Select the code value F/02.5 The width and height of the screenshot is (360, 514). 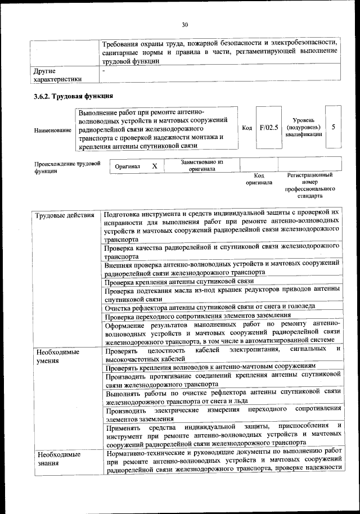pos(269,128)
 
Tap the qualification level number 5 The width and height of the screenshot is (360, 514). pos(334,127)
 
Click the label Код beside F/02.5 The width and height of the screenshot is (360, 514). pos(246,128)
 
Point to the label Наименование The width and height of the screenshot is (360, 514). pos(53,130)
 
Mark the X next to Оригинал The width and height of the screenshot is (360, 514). pos(155,166)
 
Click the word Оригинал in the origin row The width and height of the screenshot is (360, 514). pos(127,167)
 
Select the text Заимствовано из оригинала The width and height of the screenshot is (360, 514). pos(202,165)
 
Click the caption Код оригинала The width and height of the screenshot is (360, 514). pos(259,179)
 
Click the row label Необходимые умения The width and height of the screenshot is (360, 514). pos(57,357)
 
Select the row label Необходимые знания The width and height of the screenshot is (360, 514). pos(57,458)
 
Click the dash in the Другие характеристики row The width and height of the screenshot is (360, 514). pos(104,71)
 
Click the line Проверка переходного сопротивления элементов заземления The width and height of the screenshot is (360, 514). pos(196,316)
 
